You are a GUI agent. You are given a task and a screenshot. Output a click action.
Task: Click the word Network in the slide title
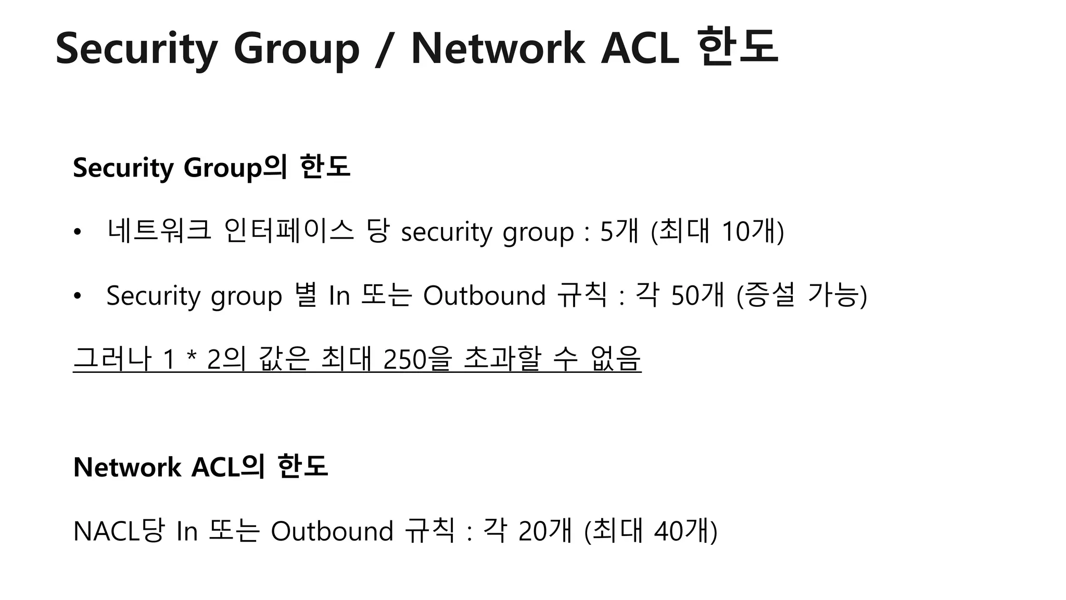(x=498, y=49)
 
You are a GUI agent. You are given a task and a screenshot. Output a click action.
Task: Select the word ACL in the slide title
(x=640, y=49)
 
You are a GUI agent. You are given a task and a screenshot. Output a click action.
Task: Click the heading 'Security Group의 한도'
(x=211, y=168)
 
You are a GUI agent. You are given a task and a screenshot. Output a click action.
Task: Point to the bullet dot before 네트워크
(x=78, y=232)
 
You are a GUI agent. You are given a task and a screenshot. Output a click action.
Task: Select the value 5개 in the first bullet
(x=619, y=231)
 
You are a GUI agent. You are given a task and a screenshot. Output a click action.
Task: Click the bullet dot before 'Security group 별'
(x=78, y=296)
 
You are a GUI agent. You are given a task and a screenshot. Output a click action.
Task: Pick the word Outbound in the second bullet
(x=484, y=296)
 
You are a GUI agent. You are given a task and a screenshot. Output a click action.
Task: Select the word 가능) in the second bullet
(x=837, y=296)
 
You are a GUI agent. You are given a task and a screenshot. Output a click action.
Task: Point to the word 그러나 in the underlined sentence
(x=112, y=359)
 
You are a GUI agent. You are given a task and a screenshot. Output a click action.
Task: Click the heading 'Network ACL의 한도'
(x=200, y=467)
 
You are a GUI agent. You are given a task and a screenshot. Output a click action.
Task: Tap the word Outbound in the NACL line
(x=332, y=531)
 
